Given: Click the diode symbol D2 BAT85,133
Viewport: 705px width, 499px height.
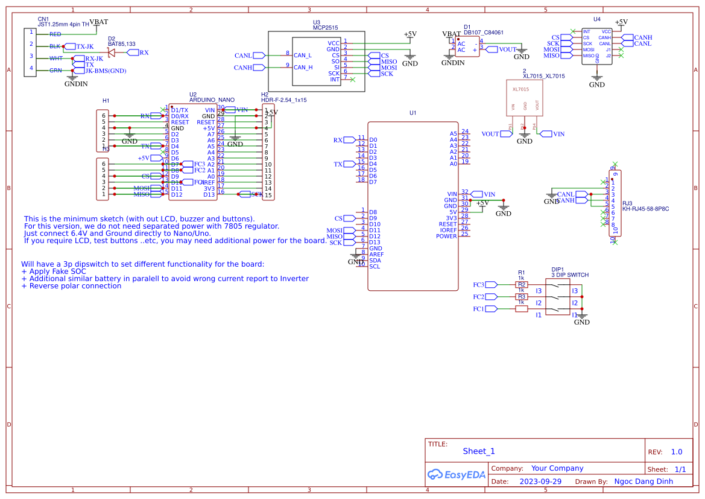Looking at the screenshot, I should tap(112, 52).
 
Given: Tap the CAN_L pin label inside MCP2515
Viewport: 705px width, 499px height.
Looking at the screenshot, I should tap(303, 56).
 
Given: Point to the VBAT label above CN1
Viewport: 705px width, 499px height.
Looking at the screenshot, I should tap(98, 22).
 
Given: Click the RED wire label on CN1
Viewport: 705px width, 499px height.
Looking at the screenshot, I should tap(55, 34).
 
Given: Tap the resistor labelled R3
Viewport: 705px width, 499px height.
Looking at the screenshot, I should tap(522, 297).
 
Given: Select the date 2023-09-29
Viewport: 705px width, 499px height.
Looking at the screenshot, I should tap(540, 482).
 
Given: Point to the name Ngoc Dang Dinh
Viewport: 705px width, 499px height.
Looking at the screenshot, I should tap(643, 482).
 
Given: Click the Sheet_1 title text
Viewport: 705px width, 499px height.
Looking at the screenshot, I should tap(479, 451).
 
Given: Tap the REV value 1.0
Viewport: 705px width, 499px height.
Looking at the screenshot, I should tap(676, 452).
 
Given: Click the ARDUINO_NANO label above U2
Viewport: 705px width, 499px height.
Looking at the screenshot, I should tap(212, 100).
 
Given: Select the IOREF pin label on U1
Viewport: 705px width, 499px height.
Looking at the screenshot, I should tap(448, 230).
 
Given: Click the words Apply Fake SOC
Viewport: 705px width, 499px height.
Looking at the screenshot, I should tap(57, 272).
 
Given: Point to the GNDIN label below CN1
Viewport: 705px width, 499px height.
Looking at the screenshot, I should tap(76, 84).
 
